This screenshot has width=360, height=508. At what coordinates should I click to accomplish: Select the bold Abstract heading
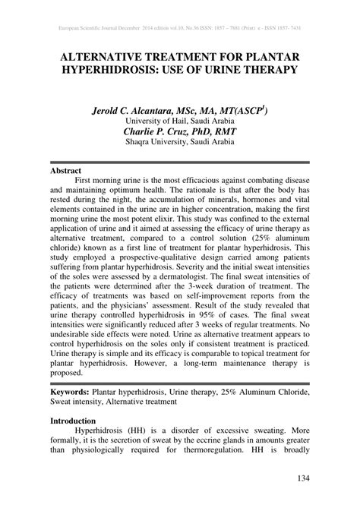pos(68,172)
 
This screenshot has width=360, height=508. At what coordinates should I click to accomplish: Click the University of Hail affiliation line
pos(179,119)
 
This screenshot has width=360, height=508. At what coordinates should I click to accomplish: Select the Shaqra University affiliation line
pos(179,141)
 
